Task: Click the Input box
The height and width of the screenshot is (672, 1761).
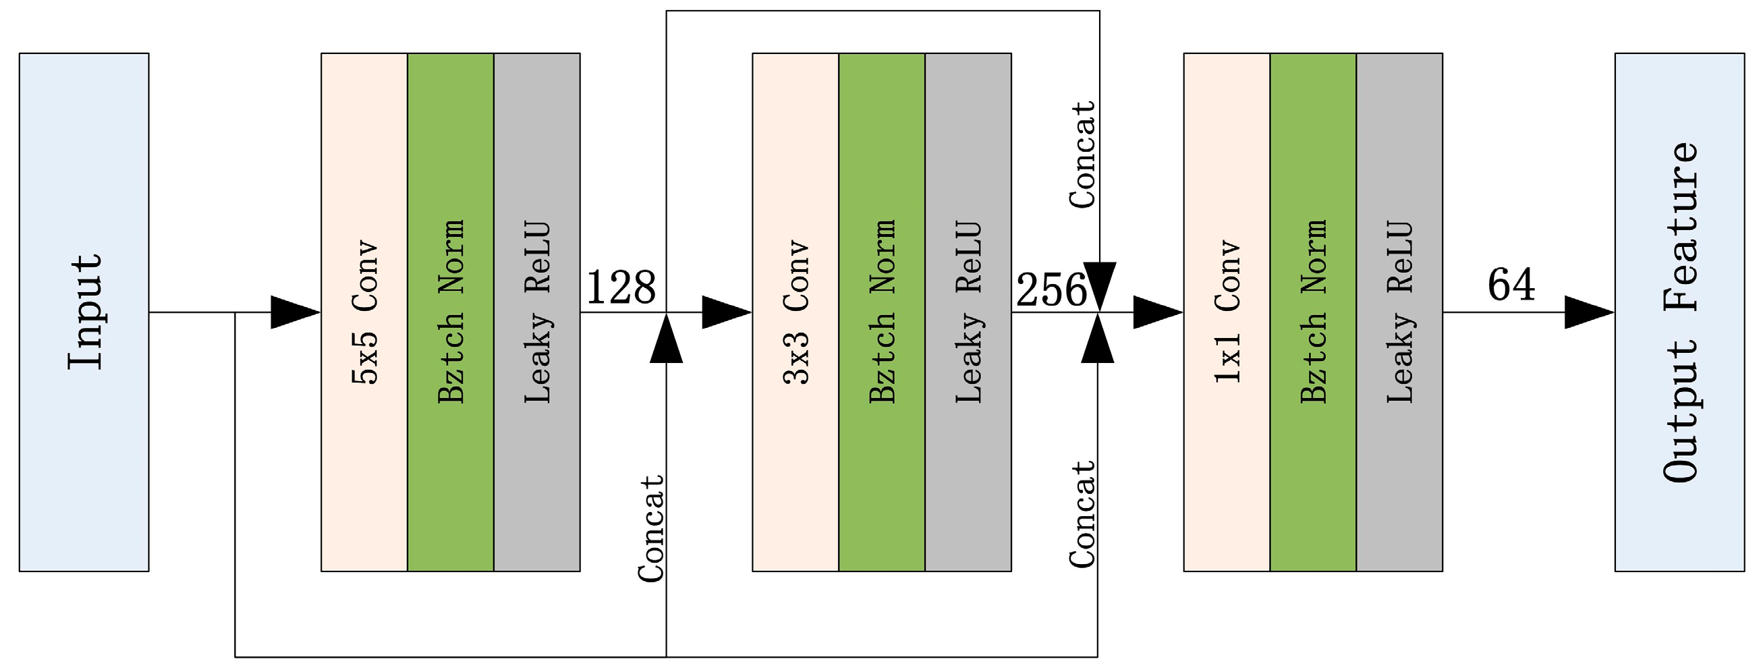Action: pyautogui.click(x=84, y=312)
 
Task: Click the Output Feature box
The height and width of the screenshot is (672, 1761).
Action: pyautogui.click(x=1679, y=312)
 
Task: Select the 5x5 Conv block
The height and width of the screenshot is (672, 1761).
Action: pyautogui.click(x=364, y=312)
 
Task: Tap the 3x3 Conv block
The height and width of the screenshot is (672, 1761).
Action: pyautogui.click(x=795, y=312)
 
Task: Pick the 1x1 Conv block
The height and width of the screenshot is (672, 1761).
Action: pyautogui.click(x=1227, y=312)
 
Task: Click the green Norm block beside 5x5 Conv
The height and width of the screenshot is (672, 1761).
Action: pyautogui.click(x=451, y=312)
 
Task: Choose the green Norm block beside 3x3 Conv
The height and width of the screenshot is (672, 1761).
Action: pyautogui.click(x=882, y=312)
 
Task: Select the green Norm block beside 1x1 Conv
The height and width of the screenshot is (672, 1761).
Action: pyautogui.click(x=1312, y=312)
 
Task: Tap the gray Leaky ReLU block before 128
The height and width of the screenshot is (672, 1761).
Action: pyautogui.click(x=536, y=312)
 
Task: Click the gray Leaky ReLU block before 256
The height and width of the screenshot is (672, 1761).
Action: pyautogui.click(x=968, y=312)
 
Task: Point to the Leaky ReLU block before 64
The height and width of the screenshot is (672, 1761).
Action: pyautogui.click(x=1399, y=312)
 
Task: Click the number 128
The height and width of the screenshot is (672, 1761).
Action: pyautogui.click(x=621, y=287)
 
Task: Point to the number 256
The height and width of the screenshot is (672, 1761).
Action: pyautogui.click(x=1051, y=290)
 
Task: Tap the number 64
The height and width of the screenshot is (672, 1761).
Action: pyautogui.click(x=1511, y=285)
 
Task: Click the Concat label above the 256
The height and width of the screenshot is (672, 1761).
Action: pyautogui.click(x=1082, y=155)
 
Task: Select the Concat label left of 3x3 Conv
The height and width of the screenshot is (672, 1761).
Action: pyautogui.click(x=651, y=528)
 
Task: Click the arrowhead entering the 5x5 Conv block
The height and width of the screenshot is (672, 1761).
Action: pyautogui.click(x=296, y=312)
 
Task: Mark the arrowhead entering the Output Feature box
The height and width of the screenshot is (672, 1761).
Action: pyautogui.click(x=1589, y=312)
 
